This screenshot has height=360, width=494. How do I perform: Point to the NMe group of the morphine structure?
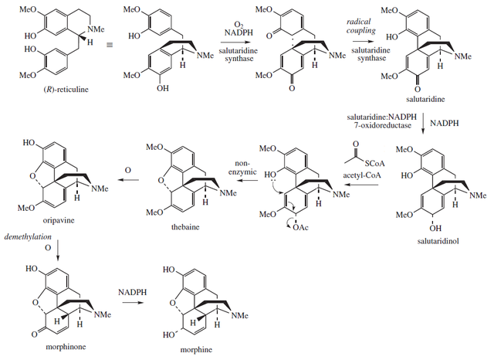click(x=241, y=314)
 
